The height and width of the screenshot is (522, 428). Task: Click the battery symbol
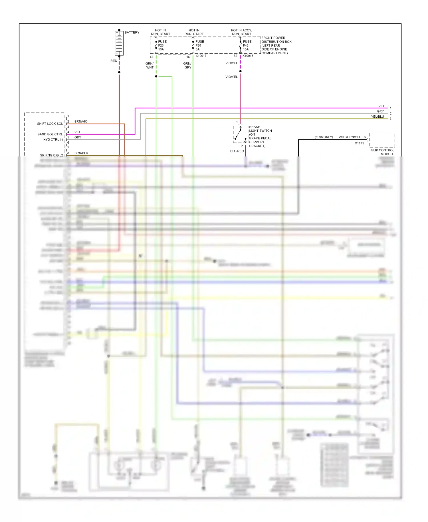click(x=119, y=43)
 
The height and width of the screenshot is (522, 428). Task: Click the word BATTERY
click(x=132, y=33)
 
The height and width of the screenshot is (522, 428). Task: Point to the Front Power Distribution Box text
click(x=276, y=45)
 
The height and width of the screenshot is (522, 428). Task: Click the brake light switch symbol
click(x=240, y=134)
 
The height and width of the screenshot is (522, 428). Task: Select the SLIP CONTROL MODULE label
click(x=382, y=152)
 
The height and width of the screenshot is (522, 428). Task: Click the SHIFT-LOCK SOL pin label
click(x=50, y=124)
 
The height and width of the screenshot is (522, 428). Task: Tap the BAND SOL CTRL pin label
click(x=50, y=134)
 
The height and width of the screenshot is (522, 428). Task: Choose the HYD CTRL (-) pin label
click(x=53, y=140)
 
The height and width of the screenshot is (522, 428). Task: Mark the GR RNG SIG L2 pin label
click(x=51, y=155)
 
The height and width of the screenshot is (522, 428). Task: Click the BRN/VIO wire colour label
click(x=81, y=122)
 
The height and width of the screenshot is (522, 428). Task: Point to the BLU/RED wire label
click(x=237, y=151)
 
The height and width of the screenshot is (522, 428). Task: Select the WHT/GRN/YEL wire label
click(x=350, y=137)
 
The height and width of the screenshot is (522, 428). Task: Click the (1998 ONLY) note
click(x=324, y=137)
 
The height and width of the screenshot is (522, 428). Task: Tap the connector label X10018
click(x=248, y=56)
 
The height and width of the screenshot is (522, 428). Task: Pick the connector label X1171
click(x=359, y=143)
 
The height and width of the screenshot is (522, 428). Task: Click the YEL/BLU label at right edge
click(x=377, y=117)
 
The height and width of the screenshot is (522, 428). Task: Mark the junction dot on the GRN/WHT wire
click(x=156, y=77)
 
